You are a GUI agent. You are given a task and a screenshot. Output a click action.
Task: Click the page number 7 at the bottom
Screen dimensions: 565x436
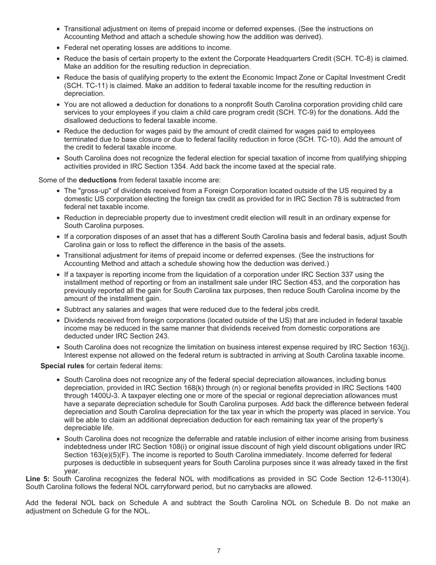pyautogui.click(x=218, y=551)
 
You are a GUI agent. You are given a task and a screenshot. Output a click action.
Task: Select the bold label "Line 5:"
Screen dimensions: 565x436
pyautogui.click(x=38, y=479)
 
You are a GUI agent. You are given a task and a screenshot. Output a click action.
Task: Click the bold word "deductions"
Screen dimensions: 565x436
pyautogui.click(x=97, y=180)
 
